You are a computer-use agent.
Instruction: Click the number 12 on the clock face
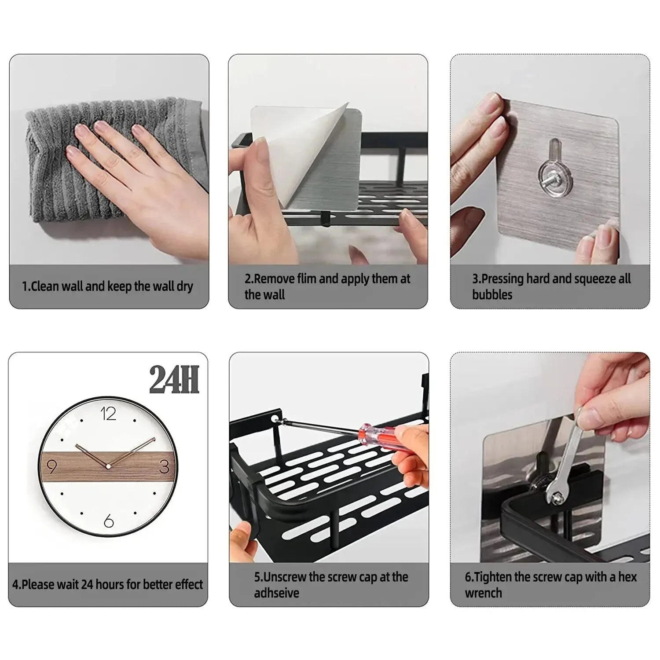pos(108,414)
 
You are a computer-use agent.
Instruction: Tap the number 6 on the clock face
pos(109,521)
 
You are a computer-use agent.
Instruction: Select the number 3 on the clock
pos(164,466)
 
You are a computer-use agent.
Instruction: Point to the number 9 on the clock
pos(51,466)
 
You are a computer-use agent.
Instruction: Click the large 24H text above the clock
pos(174,380)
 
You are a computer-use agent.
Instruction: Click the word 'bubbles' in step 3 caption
pos(492,294)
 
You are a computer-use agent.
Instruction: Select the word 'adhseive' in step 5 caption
pos(276,593)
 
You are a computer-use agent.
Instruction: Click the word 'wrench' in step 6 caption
pos(483,593)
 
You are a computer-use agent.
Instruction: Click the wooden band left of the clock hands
pos(66,466)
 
